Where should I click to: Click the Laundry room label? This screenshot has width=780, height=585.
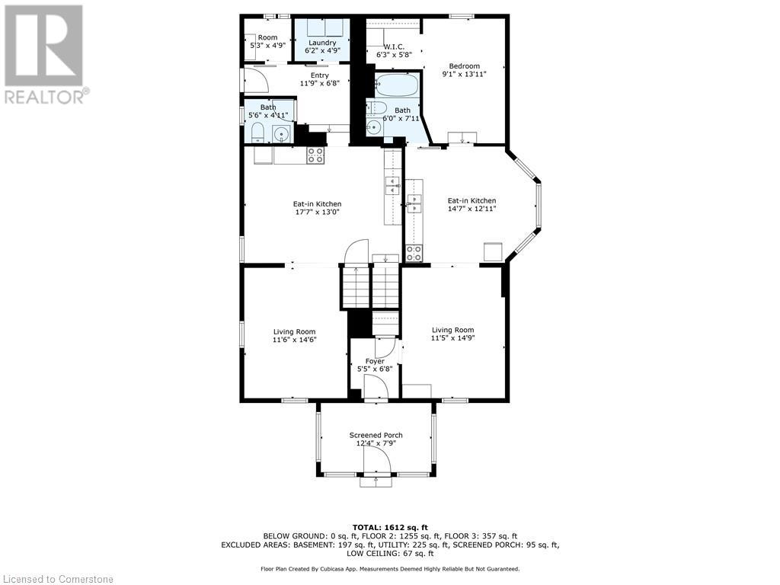[x=322, y=43]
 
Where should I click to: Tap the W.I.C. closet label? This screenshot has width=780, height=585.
[x=394, y=46]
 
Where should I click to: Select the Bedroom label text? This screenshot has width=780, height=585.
[x=464, y=66]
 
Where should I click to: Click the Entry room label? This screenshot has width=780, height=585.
[x=320, y=75]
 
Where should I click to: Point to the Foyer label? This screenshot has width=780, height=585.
[x=375, y=361]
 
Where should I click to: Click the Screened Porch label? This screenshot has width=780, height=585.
[x=376, y=435]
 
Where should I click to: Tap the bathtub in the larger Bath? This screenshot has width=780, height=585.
[x=396, y=85]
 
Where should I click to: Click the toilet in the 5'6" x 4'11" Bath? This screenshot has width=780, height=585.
[x=257, y=133]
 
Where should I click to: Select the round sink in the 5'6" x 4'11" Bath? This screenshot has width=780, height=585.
[x=282, y=134]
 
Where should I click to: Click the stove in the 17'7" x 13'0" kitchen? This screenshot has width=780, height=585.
[x=315, y=155]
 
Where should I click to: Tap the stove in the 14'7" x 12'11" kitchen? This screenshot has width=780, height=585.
[x=414, y=253]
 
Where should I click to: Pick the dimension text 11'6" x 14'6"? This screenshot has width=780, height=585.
[x=295, y=340]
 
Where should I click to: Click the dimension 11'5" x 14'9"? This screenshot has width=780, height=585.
[x=452, y=337]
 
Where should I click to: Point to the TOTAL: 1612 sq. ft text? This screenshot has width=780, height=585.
[x=390, y=527]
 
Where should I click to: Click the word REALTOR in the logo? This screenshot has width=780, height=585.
[x=43, y=97]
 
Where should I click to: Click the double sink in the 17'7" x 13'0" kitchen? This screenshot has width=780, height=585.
[x=392, y=186]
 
